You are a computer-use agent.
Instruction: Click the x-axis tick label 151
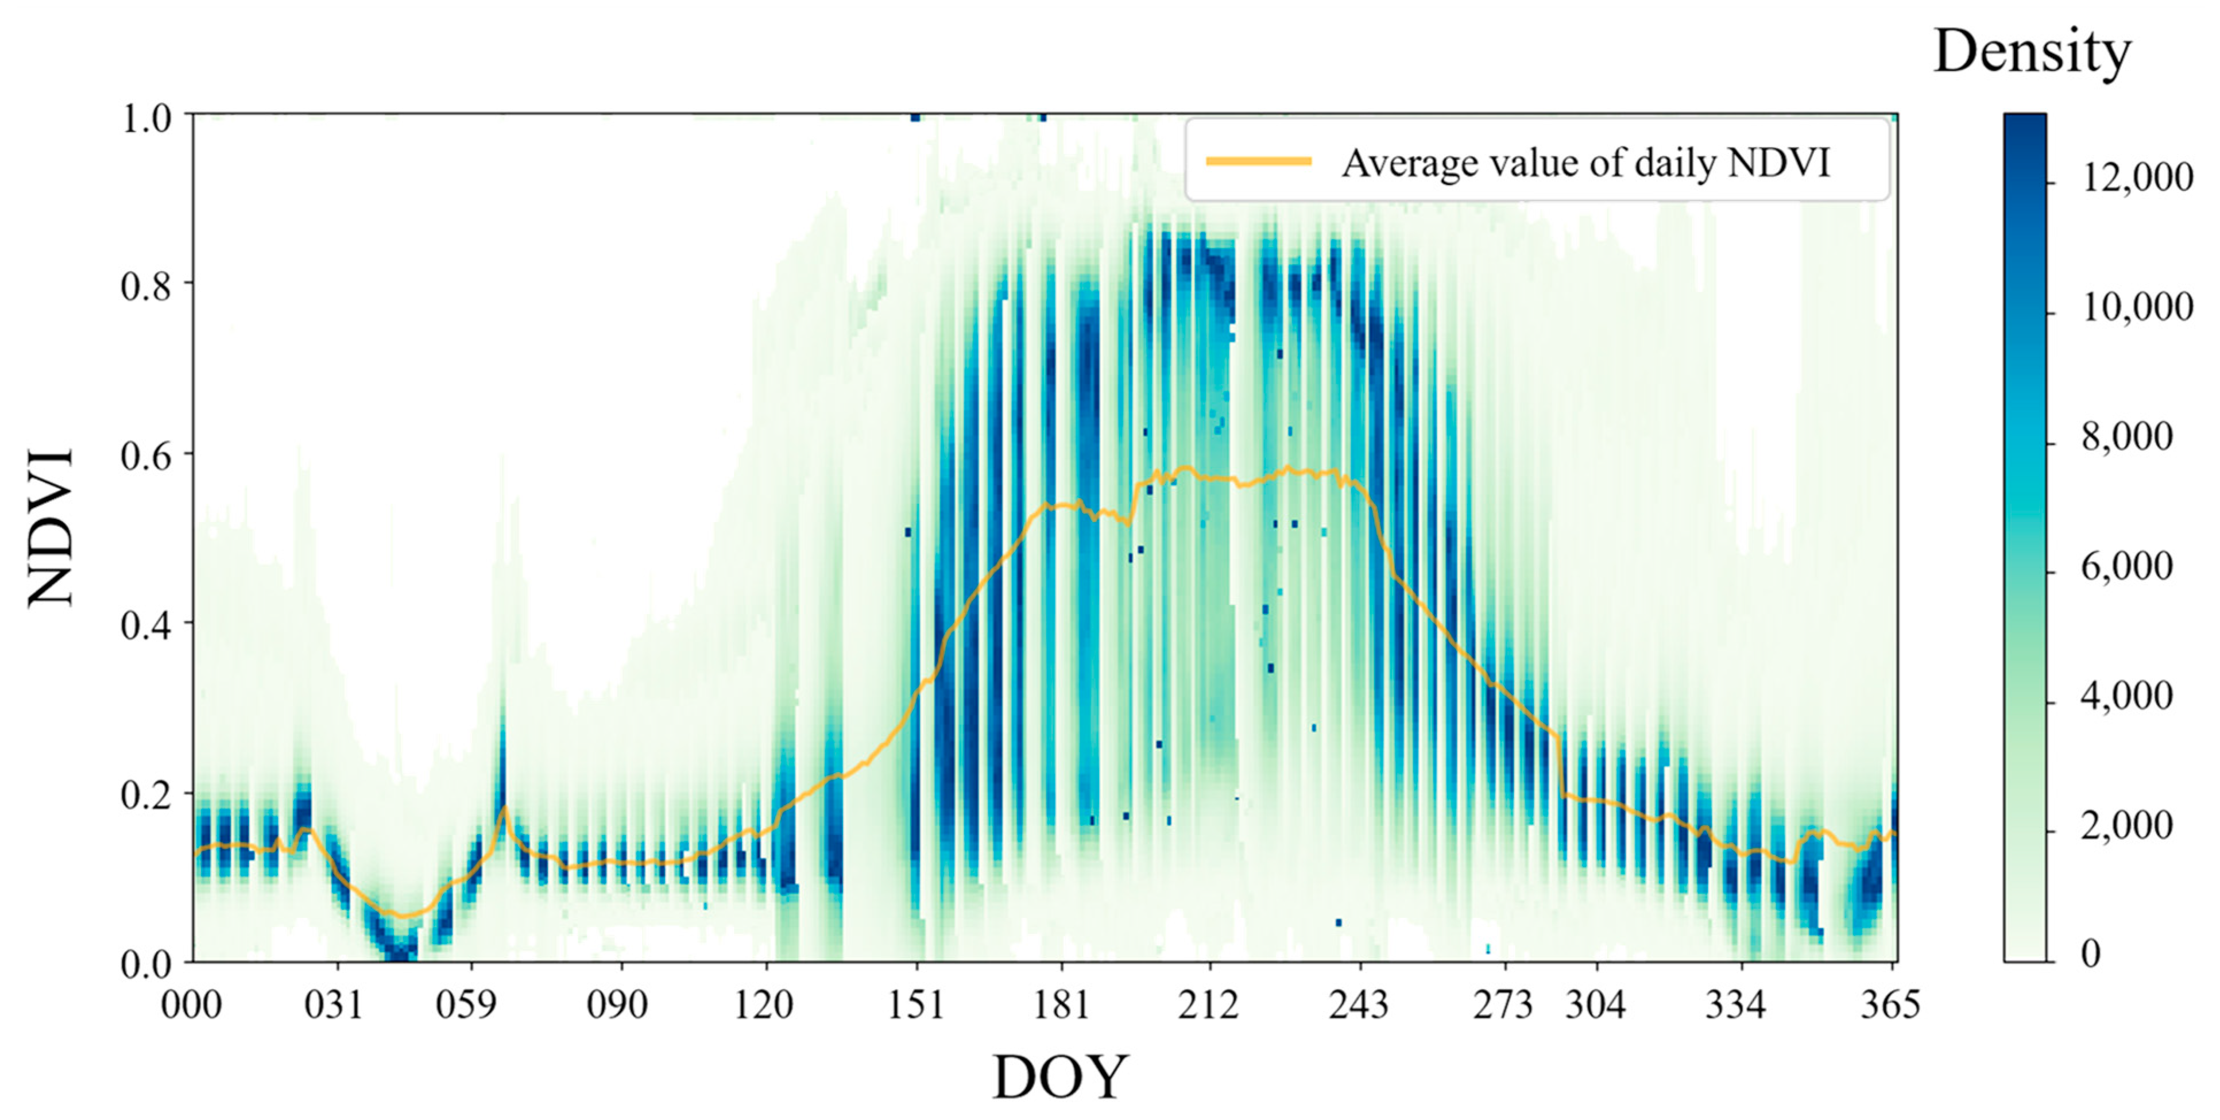(915, 1005)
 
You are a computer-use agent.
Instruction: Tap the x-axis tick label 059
(466, 1005)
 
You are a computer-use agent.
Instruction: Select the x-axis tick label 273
(1502, 1005)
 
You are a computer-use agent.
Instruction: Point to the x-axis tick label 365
(1890, 1005)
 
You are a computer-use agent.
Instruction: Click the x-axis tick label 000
(191, 1005)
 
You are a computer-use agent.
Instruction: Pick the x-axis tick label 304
(1595, 1005)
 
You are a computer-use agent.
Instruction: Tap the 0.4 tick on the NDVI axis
(146, 625)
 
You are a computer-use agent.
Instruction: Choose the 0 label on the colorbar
(2091, 953)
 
